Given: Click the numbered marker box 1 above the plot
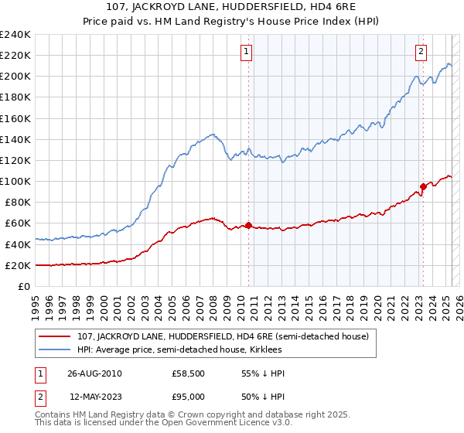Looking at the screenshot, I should (247, 52).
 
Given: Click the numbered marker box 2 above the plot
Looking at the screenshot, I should (421, 52).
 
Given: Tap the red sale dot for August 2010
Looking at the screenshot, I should (248, 225).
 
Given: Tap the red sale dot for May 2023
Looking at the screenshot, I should (423, 186).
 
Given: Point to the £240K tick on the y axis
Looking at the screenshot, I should (15, 35).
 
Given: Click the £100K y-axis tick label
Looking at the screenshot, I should (15, 181).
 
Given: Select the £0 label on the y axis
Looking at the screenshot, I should (23, 286).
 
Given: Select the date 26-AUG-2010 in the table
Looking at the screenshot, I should (94, 373).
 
